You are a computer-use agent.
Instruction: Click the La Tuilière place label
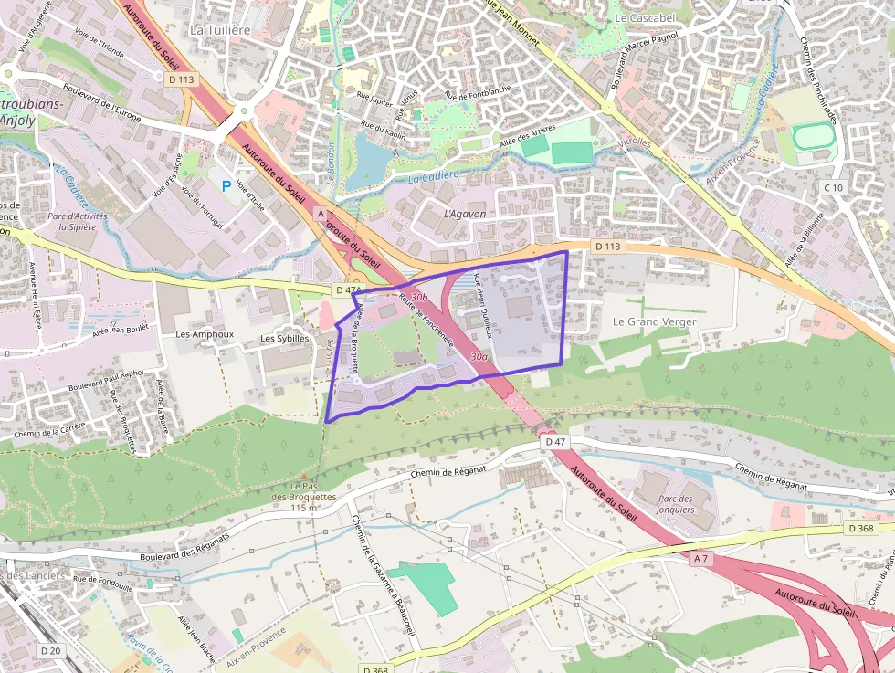[x=219, y=29]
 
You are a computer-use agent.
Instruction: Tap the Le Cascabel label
[x=645, y=17]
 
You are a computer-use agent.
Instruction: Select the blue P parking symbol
[x=226, y=185]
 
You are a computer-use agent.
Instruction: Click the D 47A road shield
[x=349, y=290]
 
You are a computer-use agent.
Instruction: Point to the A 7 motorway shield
[x=700, y=558]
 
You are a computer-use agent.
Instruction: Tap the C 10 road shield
[x=833, y=187]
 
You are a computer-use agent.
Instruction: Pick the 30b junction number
[x=419, y=298]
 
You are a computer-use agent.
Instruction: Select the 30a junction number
[x=479, y=356]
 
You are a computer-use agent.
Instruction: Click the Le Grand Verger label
[x=654, y=321]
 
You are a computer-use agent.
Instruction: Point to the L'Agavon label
[x=464, y=213]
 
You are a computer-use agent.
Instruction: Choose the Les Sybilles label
[x=285, y=338]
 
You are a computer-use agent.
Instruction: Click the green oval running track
[x=814, y=138]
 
